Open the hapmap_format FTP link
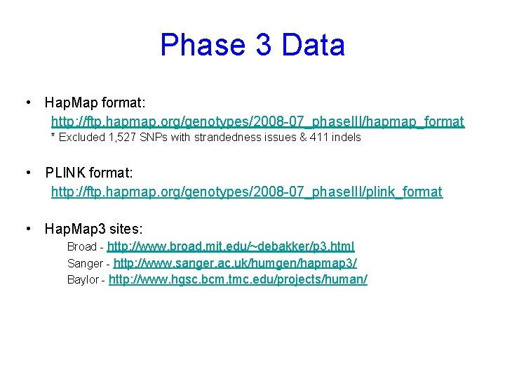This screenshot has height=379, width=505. (x=257, y=122)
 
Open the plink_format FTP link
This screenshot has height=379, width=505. (x=247, y=192)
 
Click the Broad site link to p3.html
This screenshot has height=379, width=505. (x=231, y=246)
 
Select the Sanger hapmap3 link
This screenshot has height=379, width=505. (x=235, y=263)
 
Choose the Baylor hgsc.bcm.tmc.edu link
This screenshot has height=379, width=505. (x=238, y=279)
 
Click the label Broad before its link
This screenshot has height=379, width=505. (x=82, y=247)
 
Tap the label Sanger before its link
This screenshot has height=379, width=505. (x=85, y=264)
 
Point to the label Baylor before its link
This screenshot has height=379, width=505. (x=83, y=280)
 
